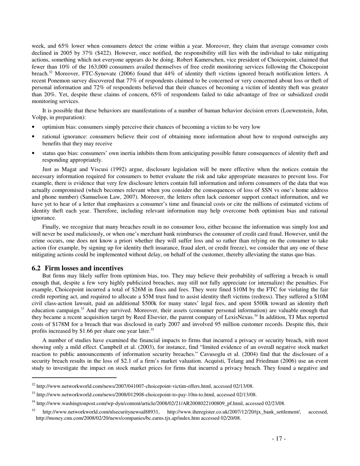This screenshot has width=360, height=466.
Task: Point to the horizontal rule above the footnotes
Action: (74, 377)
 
